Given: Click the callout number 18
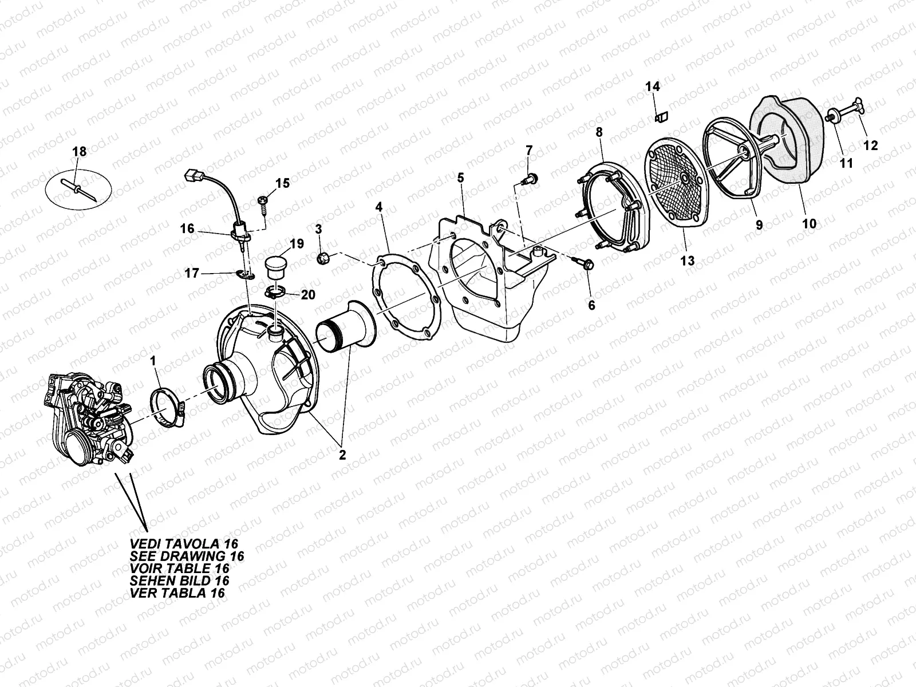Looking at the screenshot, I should pyautogui.click(x=79, y=151).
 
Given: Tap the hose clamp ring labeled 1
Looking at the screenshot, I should pyautogui.click(x=167, y=408).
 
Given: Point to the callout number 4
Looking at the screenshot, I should pyautogui.click(x=378, y=205).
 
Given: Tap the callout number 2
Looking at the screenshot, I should pyautogui.click(x=342, y=456).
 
